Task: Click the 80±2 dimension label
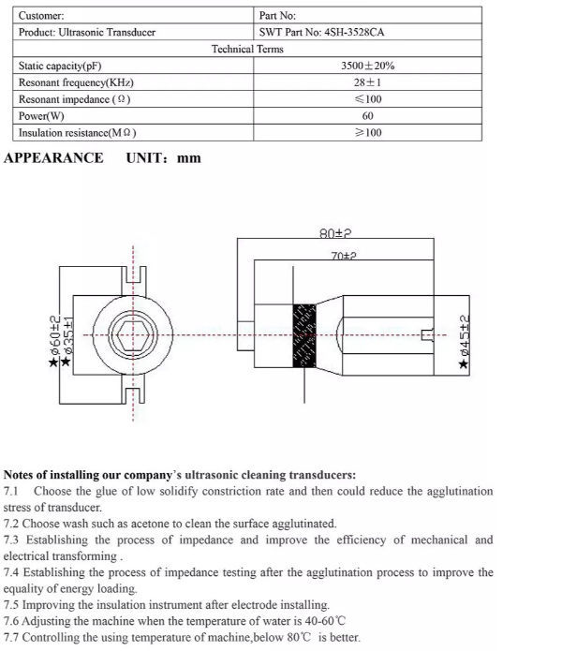[x=334, y=233]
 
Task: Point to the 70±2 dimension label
[x=343, y=255]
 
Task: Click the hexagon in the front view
[x=132, y=334]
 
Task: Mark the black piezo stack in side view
[x=304, y=335]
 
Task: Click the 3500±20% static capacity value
[x=368, y=67]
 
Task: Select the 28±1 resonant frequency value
[x=368, y=82]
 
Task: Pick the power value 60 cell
[x=368, y=116]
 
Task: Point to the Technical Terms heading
[x=247, y=50]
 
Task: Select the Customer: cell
[x=42, y=16]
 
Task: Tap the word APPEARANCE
[x=53, y=157]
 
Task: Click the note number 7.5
[x=12, y=605]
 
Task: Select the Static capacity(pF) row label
[x=60, y=67]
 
